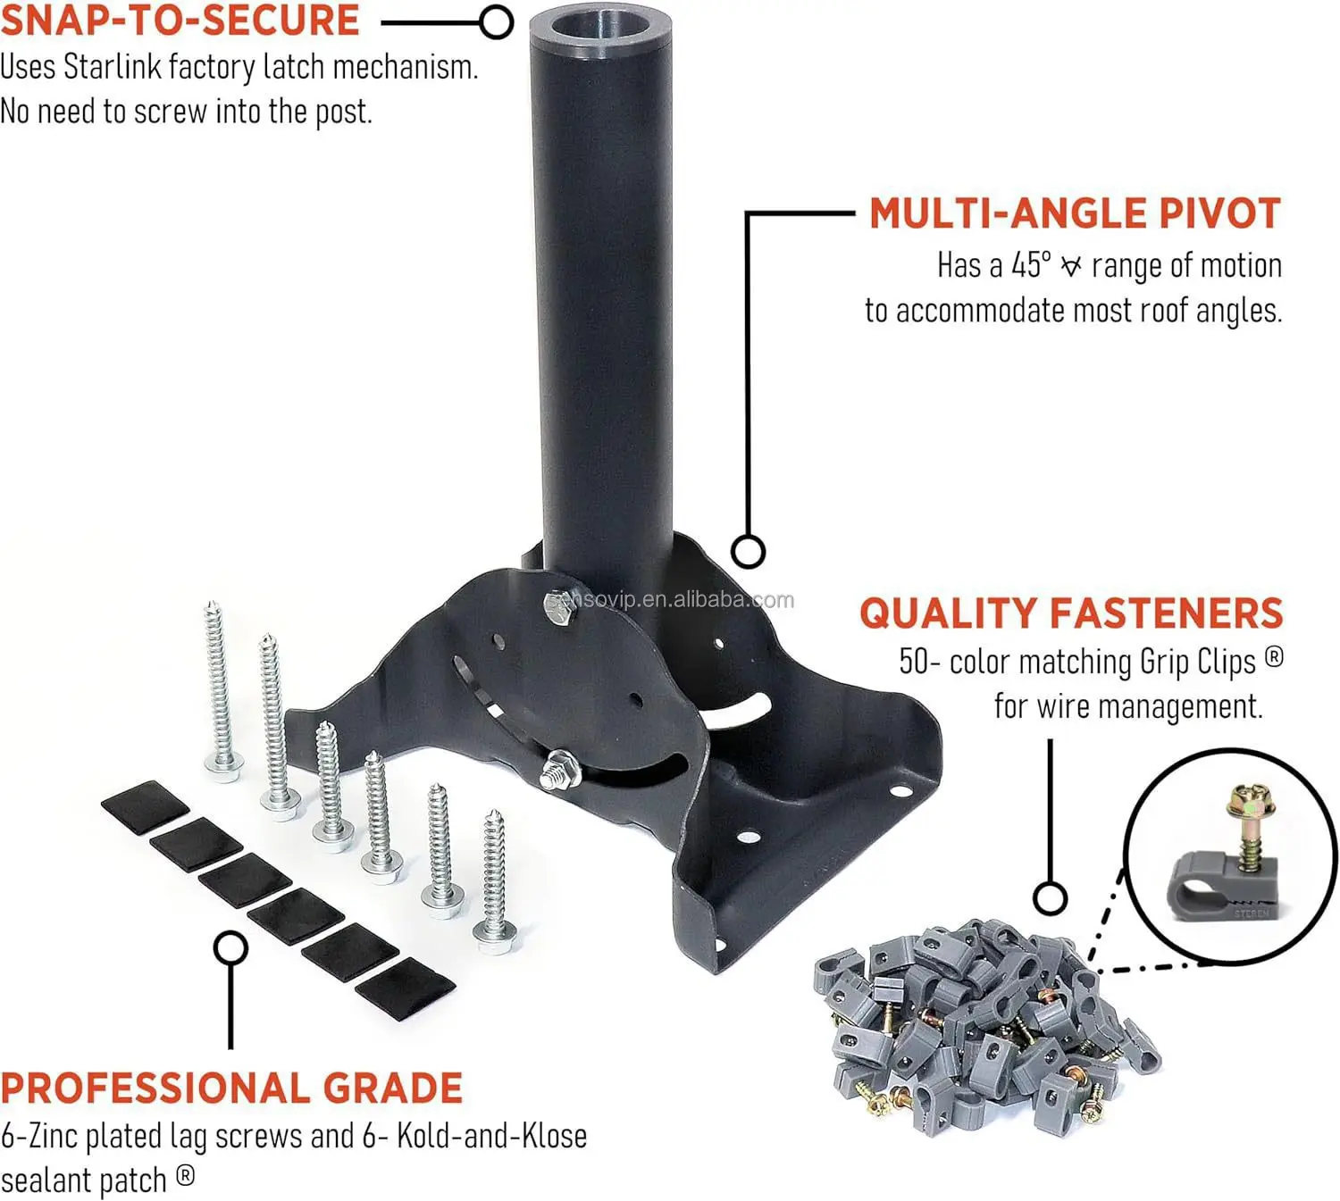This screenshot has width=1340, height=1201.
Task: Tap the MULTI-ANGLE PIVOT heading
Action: pyautogui.click(x=1075, y=213)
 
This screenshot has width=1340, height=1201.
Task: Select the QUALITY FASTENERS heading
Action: pyautogui.click(x=1071, y=613)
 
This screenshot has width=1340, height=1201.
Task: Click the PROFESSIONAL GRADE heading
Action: pyautogui.click(x=231, y=1088)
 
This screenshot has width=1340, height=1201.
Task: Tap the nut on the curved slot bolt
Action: pyautogui.click(x=560, y=770)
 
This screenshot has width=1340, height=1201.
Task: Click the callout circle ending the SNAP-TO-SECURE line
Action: pyautogui.click(x=496, y=21)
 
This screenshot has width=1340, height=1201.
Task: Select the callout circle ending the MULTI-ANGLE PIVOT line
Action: pyautogui.click(x=748, y=551)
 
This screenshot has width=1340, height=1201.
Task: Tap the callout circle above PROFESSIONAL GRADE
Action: pyautogui.click(x=230, y=947)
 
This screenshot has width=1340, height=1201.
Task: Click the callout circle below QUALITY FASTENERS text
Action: pyautogui.click(x=1051, y=897)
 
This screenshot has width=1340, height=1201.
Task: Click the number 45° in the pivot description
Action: pyautogui.click(x=1031, y=265)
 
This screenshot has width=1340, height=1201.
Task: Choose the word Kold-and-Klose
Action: pyautogui.click(x=491, y=1136)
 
